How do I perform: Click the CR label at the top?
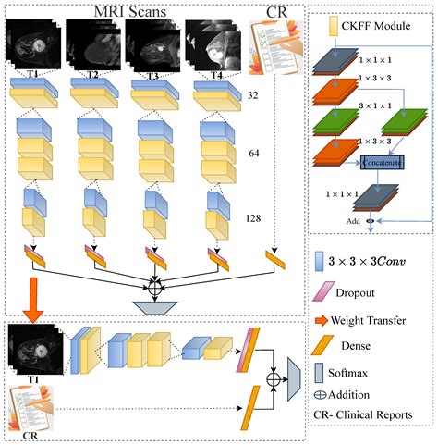coord(276,11)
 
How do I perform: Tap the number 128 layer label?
coord(253,219)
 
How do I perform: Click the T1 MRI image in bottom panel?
coord(36,353)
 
